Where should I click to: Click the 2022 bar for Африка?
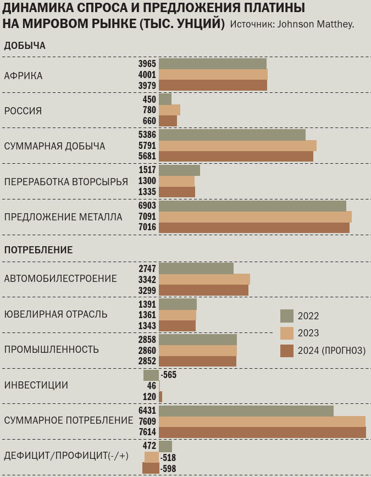tap(212, 64)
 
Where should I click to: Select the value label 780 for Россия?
tap(149, 110)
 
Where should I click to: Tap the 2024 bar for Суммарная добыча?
tap(236, 156)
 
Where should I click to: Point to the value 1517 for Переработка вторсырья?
tap(147, 170)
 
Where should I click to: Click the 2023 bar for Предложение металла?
tap(255, 217)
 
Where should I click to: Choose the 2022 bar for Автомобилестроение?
tap(196, 268)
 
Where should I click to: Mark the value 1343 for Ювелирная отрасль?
tap(147, 326)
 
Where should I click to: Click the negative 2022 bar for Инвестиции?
tap(151, 375)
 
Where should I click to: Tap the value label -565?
tap(168, 375)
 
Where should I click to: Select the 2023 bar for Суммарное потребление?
tap(262, 421)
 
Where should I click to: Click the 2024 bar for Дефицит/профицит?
tap(151, 468)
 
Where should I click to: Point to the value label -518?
tap(168, 457)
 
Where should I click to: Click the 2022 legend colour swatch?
tap(287, 316)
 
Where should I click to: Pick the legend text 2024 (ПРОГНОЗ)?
tap(331, 351)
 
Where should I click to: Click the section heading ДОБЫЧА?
tap(25, 46)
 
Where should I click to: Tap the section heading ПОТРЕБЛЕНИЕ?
tap(38, 250)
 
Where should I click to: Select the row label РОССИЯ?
tap(23, 111)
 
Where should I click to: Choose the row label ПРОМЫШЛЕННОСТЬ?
tap(52, 350)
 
